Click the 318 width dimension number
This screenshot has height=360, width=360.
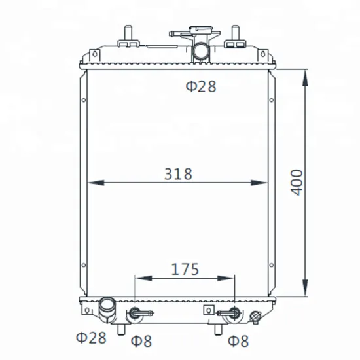tap(178, 174)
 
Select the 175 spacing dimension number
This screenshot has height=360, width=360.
tap(185, 269)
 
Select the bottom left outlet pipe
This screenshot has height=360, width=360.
tap(107, 307)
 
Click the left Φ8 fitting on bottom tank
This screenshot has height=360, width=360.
tap(135, 314)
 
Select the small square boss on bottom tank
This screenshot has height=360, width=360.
tap(209, 310)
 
